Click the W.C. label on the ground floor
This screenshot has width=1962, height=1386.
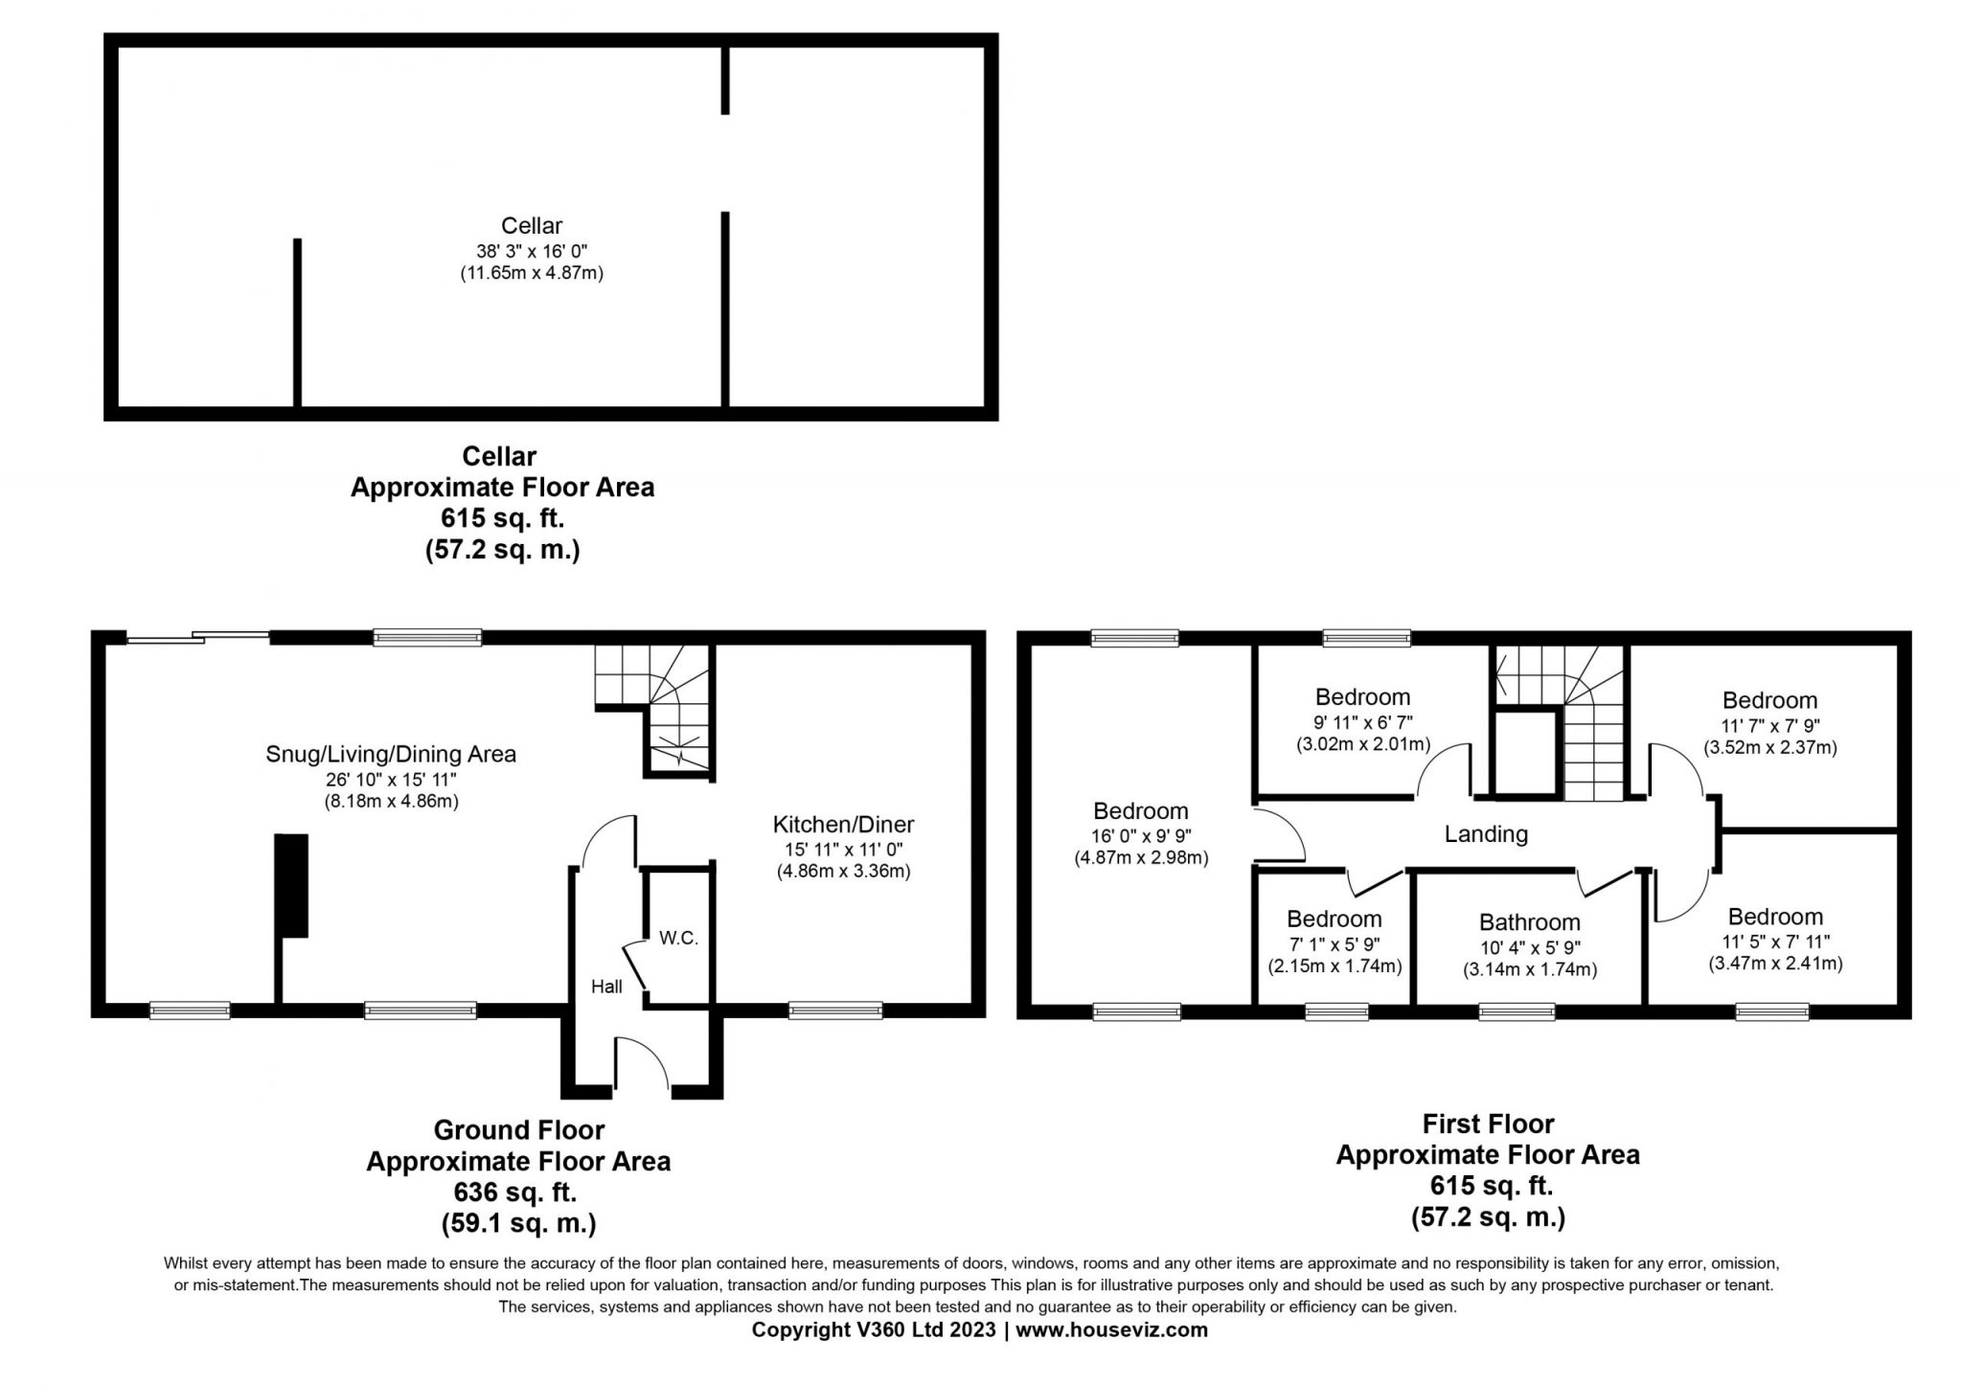tap(678, 938)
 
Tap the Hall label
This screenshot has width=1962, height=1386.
tap(606, 987)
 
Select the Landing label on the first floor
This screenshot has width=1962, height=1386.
tap(1486, 834)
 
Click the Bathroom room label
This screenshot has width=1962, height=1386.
tap(1530, 922)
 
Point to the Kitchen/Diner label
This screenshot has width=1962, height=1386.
tap(843, 824)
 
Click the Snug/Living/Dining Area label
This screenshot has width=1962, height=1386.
tap(391, 754)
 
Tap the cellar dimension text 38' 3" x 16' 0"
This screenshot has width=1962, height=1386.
tap(532, 251)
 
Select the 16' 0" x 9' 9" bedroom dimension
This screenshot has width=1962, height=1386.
tap(1141, 835)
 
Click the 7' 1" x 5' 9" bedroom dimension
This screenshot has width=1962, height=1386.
tap(1334, 944)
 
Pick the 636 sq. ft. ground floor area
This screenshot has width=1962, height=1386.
tap(514, 1193)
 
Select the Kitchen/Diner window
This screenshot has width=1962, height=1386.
tap(835, 1010)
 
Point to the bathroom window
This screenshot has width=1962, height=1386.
tap(1517, 1011)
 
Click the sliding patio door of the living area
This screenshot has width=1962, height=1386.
tap(198, 637)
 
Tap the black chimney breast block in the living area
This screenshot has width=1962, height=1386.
tap(292, 885)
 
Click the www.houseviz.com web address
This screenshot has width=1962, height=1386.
tap(1111, 1330)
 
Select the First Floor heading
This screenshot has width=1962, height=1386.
tap(1488, 1124)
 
